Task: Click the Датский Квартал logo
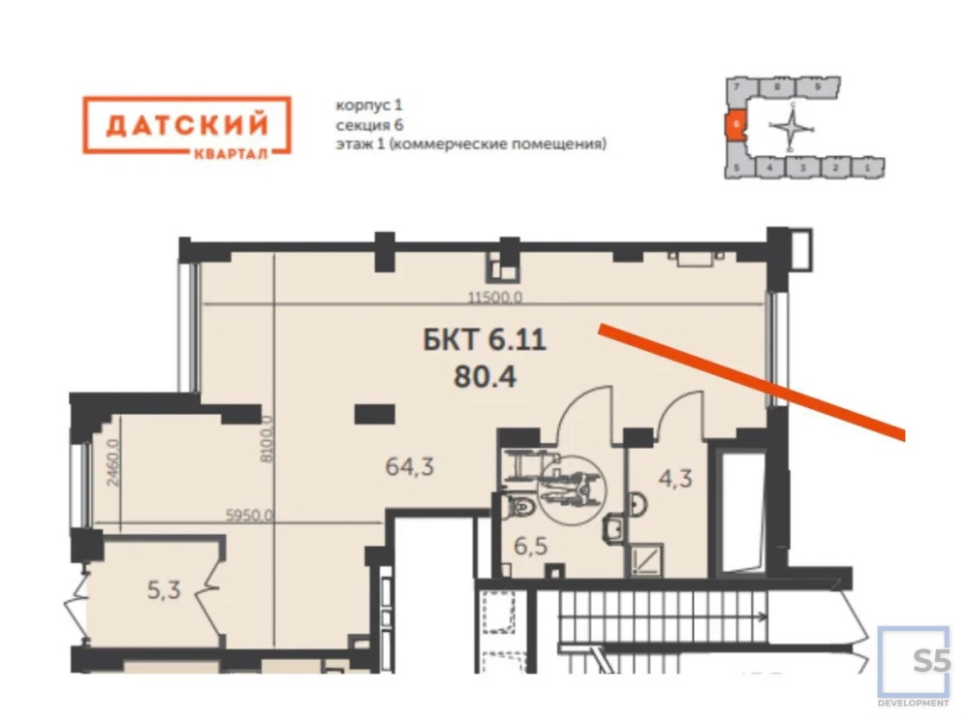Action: (x=186, y=125)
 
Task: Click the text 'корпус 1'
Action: (x=361, y=104)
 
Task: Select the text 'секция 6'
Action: (x=368, y=124)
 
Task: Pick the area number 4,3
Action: (x=675, y=479)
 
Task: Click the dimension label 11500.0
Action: (x=496, y=300)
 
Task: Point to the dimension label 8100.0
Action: (x=268, y=446)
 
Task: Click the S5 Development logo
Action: (x=914, y=668)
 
